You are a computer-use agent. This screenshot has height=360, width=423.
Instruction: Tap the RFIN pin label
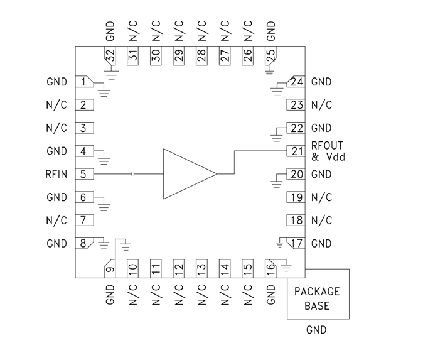56,174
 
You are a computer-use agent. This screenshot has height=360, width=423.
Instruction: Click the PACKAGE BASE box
318,298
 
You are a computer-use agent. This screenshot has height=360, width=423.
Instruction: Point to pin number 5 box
83,174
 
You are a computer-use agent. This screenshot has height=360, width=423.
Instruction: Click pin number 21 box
296,151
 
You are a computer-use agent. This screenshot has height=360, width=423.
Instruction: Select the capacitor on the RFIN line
133,174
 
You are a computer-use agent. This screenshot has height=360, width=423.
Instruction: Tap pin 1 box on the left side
83,82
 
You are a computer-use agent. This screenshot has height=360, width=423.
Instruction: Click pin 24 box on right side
296,82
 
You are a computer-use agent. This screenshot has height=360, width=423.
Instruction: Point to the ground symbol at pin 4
105,161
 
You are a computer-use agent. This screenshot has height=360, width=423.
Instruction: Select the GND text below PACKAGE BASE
316,329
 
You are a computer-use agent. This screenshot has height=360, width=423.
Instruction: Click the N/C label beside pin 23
321,105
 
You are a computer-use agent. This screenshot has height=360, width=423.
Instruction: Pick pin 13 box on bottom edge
201,268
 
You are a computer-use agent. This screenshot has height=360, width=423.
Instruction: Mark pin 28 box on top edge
201,55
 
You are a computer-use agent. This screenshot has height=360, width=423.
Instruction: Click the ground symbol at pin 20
276,183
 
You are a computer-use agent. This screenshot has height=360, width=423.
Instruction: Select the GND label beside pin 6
56,197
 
